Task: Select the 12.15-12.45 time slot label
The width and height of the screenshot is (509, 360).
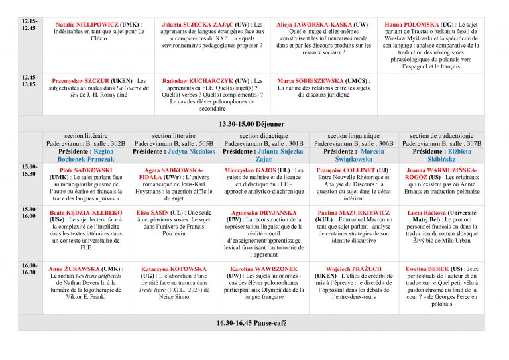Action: click(x=29, y=25)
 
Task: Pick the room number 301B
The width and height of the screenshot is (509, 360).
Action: click(x=292, y=143)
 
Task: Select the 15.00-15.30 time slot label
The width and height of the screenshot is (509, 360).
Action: click(x=30, y=170)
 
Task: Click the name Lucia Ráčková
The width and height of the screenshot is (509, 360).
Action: click(x=430, y=212)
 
